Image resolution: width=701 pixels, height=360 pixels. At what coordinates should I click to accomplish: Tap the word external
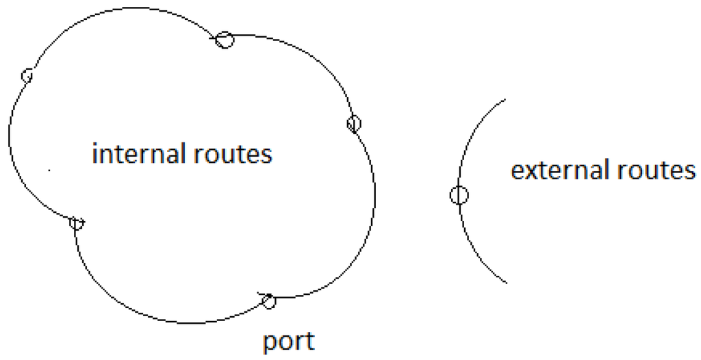coord(554,170)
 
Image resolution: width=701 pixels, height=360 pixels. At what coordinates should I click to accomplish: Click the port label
coord(289,341)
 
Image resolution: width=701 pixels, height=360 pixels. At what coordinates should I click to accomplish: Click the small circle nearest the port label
coord(269,300)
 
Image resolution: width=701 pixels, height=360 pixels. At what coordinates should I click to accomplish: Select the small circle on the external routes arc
coord(459,195)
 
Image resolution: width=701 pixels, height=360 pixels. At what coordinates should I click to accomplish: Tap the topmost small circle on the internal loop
coord(224,40)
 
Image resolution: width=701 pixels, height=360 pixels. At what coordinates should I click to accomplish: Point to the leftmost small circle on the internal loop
coord(27,75)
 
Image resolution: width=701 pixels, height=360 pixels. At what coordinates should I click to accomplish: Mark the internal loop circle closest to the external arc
coord(353,124)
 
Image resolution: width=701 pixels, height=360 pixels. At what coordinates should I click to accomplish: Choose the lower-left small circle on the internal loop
coord(77,223)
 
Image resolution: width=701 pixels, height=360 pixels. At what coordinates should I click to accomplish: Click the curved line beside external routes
coord(472,137)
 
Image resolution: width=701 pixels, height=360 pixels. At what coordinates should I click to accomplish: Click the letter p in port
coord(270,343)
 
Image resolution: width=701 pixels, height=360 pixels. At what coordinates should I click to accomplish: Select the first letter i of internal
coord(95,153)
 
